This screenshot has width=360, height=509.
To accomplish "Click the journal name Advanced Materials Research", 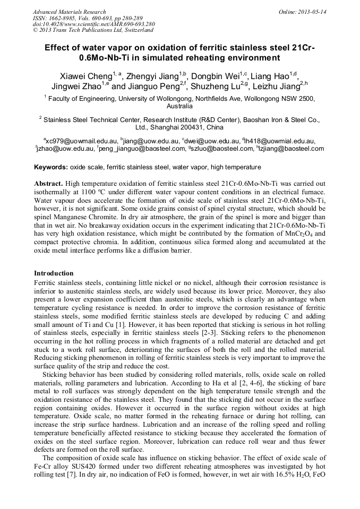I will coord(69,12).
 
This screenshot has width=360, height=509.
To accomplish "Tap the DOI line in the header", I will coord(93,24).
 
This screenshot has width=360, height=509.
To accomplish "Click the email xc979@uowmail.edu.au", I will coord(81,141).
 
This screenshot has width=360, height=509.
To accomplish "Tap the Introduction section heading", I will coord(54,273).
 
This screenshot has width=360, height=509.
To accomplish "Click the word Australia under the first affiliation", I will coord(179,106).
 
